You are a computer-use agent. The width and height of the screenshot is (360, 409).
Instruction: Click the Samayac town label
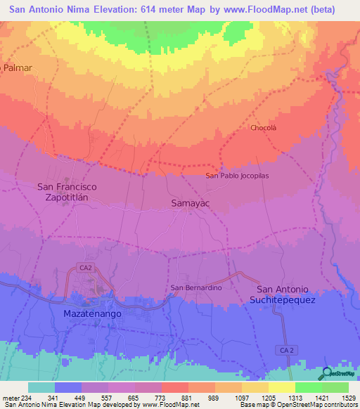[191, 203]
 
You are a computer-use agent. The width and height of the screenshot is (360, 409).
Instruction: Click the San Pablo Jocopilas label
[237, 176]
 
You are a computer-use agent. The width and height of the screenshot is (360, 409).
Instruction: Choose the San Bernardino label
[197, 288]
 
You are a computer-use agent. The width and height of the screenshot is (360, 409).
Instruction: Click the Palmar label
[19, 67]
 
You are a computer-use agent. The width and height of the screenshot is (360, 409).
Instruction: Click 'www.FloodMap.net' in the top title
[260, 10]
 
